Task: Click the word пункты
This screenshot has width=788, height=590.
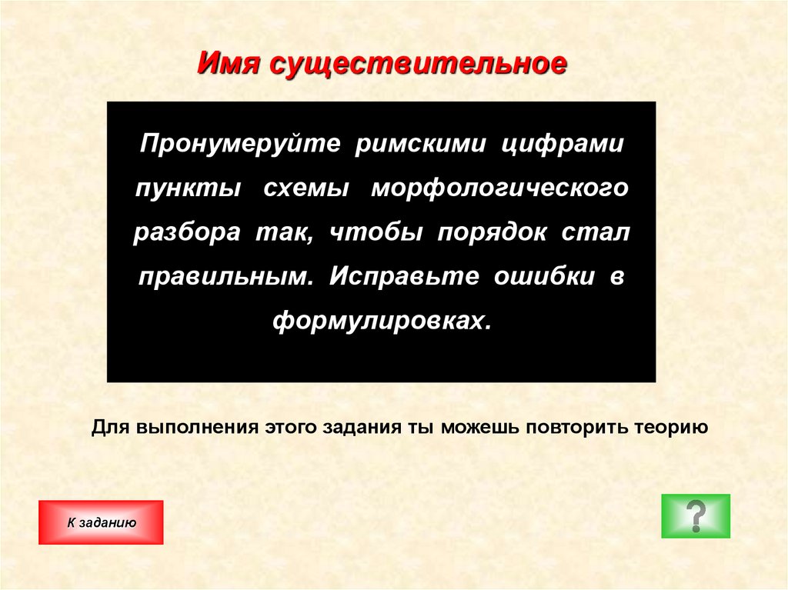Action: (x=187, y=189)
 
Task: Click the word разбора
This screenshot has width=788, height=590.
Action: (x=187, y=233)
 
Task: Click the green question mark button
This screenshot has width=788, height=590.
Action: (x=696, y=515)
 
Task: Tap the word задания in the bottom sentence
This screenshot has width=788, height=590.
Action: (x=364, y=428)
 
